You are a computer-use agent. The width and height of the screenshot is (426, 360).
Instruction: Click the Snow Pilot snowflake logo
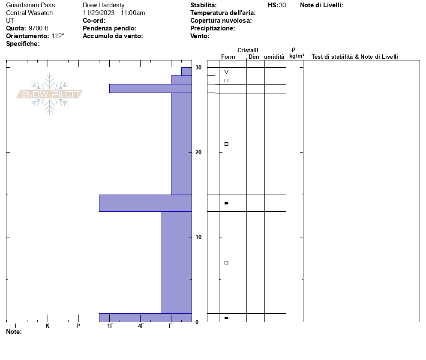coord(49,94)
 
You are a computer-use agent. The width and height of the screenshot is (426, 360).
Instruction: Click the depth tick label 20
coord(198,153)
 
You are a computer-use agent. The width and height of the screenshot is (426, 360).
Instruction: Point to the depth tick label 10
coord(198,237)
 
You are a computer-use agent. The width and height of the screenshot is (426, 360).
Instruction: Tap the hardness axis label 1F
coord(110,326)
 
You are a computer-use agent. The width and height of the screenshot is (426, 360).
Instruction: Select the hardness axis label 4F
coord(141,326)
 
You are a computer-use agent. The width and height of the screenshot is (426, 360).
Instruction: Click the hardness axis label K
coord(48,326)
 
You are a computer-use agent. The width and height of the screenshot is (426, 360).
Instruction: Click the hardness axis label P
coord(78,326)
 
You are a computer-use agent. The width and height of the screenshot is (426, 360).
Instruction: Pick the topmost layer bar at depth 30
coord(187,72)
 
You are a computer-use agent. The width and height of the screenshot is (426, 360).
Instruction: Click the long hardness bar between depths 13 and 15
coord(145,203)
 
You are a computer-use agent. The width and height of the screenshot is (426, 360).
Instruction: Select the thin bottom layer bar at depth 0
coord(145,318)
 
